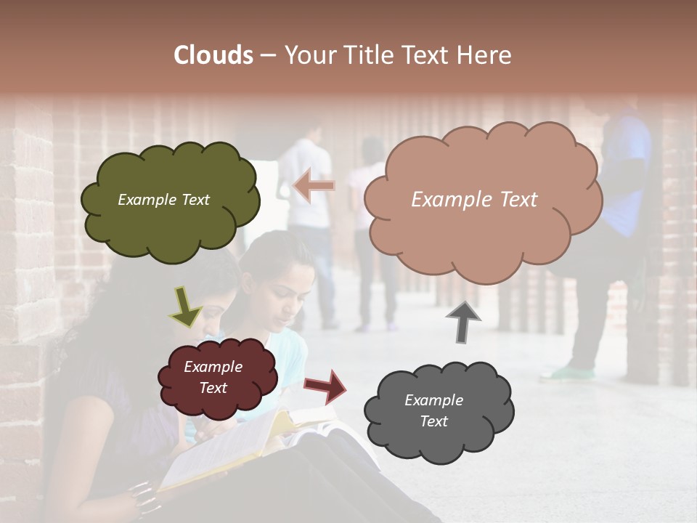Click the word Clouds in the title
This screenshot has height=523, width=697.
click(213, 55)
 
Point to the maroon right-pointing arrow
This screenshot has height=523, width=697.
click(325, 386)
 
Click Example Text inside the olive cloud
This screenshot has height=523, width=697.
click(163, 200)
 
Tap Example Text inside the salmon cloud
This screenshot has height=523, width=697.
click(474, 200)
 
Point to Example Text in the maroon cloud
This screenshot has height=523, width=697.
click(213, 378)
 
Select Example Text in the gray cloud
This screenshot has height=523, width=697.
click(433, 410)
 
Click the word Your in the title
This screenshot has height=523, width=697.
click(311, 55)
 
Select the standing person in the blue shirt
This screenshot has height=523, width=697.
click(624, 189)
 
